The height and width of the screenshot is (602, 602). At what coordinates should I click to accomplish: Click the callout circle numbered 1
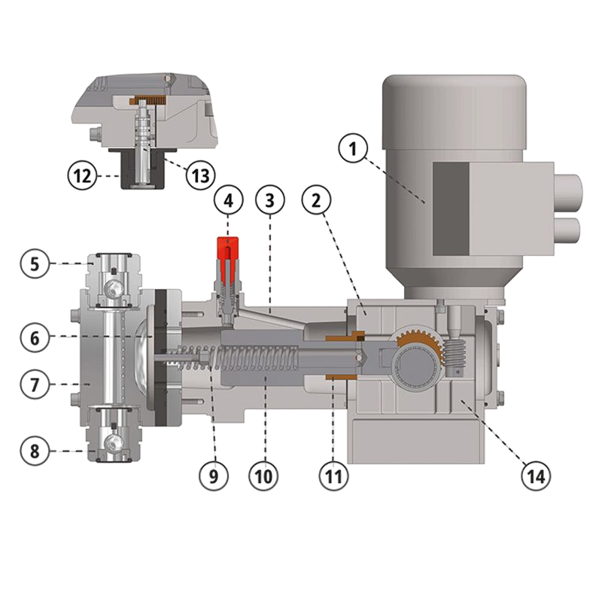[353, 149]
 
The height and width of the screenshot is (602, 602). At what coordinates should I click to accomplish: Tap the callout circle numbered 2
[316, 200]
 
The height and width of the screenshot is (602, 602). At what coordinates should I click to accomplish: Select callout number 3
[270, 200]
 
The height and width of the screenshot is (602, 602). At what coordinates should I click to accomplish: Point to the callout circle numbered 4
[229, 200]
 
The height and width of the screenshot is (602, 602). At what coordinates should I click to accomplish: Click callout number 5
[35, 264]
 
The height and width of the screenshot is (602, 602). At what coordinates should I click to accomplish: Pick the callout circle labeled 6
[35, 337]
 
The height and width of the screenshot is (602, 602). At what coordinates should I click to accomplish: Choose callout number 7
[35, 384]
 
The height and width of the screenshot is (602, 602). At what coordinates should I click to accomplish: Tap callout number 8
[35, 451]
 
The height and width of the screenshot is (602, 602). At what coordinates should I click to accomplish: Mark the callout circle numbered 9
[214, 476]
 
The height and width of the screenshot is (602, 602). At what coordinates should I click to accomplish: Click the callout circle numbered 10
[263, 476]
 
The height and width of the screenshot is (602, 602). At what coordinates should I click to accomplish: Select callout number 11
[333, 476]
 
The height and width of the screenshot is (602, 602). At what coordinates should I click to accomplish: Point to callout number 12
[83, 176]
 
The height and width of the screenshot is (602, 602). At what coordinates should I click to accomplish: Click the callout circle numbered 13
[200, 176]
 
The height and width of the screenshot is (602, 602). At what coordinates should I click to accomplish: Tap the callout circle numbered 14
[536, 476]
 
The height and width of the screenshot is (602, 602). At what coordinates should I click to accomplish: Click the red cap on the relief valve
[228, 249]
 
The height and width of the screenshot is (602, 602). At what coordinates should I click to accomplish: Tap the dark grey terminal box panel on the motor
[451, 208]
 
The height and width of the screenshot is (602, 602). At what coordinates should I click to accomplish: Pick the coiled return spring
[238, 357]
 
